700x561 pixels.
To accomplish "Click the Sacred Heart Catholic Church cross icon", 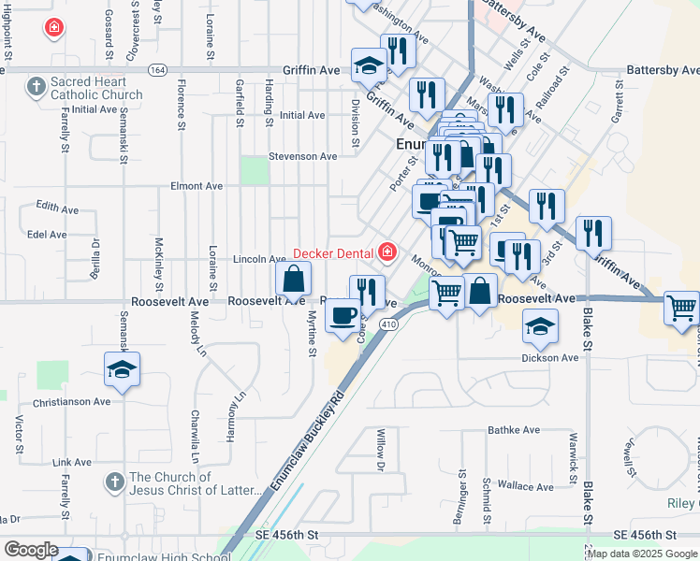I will click(x=36, y=87).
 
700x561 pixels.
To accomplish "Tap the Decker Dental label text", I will click(x=334, y=252).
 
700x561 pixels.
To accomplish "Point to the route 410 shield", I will click(x=390, y=324).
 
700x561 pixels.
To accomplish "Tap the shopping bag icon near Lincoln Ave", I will click(x=294, y=278).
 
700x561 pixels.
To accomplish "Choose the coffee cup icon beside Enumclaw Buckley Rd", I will click(x=343, y=315).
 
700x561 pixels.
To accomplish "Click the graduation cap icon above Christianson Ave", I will click(x=122, y=369).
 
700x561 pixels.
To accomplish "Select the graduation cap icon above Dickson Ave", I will click(x=539, y=326).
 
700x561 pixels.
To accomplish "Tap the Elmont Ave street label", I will click(x=197, y=186).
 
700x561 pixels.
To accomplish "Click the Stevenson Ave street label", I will click(x=302, y=156).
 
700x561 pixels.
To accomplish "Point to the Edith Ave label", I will click(x=53, y=205).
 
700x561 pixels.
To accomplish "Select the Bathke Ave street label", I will click(x=514, y=431).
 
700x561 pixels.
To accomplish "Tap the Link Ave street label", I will click(x=72, y=462).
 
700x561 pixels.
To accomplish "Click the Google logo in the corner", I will click(x=31, y=550).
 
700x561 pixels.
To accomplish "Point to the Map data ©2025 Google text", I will click(x=642, y=554).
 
